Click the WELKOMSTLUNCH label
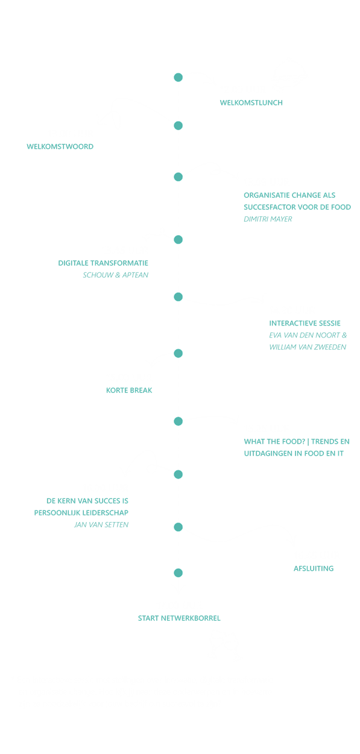251,102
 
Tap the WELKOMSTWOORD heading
60,146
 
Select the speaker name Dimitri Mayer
268,219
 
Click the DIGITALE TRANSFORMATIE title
103,263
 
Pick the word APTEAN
135,275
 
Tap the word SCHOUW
98,275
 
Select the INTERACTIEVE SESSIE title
305,323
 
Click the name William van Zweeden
308,347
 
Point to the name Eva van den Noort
305,335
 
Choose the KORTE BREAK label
129,390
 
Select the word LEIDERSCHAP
108,513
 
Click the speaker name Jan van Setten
101,525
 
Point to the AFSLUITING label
314,568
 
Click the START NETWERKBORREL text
179,618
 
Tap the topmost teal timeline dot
178,77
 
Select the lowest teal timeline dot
178,573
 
